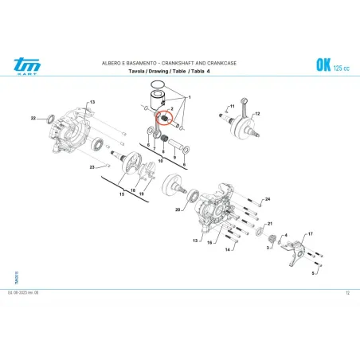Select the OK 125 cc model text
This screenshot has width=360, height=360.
328,65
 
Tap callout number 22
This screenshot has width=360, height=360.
33,119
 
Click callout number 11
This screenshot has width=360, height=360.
232,104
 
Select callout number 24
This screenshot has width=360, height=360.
268,198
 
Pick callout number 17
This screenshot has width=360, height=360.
310,233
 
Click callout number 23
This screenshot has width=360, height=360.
92,167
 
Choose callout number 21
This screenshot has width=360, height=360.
269,224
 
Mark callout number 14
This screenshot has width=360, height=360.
227,250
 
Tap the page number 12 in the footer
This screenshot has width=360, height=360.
348,292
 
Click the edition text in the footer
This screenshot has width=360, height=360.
24,292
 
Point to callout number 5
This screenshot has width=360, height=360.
314,273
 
